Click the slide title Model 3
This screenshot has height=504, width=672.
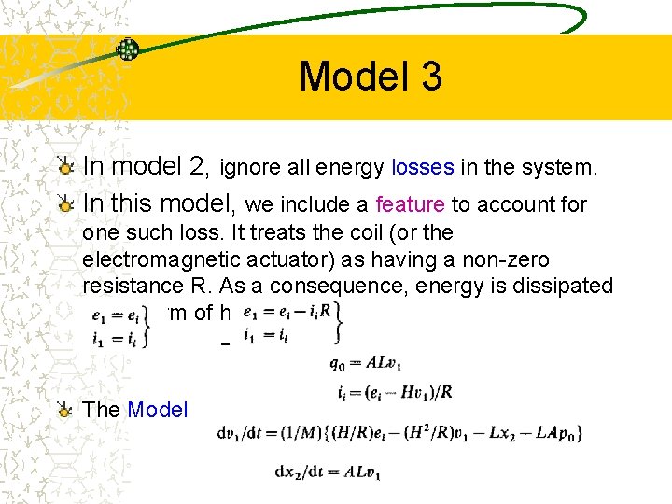click(x=371, y=77)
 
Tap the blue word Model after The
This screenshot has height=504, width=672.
click(x=157, y=410)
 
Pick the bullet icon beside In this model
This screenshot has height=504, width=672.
click(x=65, y=203)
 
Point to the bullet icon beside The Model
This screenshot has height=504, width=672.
click(x=65, y=410)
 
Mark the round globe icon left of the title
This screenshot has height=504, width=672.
click(x=128, y=49)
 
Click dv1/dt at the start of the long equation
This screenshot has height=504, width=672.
click(x=240, y=432)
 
